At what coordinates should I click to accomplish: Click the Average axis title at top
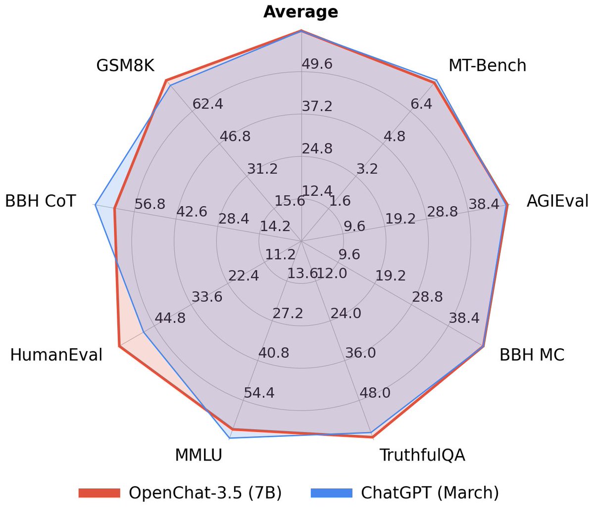(x=300, y=12)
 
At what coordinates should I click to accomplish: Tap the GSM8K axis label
(x=125, y=65)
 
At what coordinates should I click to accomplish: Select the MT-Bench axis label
(x=487, y=65)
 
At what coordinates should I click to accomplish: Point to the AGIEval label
(x=557, y=201)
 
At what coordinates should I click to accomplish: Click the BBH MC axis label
(x=532, y=355)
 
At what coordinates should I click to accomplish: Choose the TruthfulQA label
(x=422, y=455)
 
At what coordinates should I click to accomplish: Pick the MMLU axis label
(x=198, y=455)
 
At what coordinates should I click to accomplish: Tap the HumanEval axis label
(x=56, y=355)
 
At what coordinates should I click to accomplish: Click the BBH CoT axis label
(x=41, y=201)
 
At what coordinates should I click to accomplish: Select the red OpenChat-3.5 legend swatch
(x=99, y=493)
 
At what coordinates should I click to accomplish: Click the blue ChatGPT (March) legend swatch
(x=331, y=493)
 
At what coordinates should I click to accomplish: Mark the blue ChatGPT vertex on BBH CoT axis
(x=95, y=204)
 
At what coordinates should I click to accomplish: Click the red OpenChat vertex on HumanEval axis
(x=119, y=346)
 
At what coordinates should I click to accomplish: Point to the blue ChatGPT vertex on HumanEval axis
(x=144, y=332)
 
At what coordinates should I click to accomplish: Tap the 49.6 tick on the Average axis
(x=317, y=64)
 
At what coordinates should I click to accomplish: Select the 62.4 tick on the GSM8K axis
(x=207, y=104)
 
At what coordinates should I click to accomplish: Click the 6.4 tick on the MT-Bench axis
(x=421, y=104)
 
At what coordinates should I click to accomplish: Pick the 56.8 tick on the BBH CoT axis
(x=149, y=204)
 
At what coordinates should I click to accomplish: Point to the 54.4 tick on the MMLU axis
(x=259, y=393)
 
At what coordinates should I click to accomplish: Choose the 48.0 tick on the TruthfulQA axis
(x=375, y=393)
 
